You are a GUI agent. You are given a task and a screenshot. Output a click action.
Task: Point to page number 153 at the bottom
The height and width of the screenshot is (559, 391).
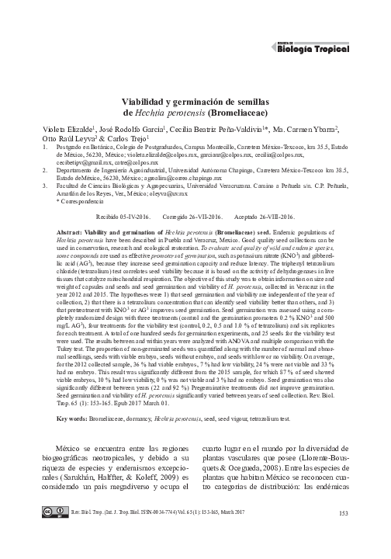point(344,535)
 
